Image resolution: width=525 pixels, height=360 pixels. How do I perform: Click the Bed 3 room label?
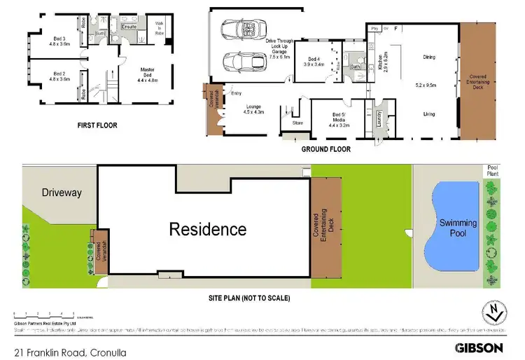[58, 40]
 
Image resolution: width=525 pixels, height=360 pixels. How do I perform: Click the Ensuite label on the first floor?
[129, 27]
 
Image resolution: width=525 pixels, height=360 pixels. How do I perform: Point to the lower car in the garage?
[239, 61]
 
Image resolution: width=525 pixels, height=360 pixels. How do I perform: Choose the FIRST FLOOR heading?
[97, 126]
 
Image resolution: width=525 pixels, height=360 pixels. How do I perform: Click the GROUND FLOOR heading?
[325, 149]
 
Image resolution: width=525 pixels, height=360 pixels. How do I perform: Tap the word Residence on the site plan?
[207, 229]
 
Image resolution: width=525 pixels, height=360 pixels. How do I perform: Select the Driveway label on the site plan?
[61, 192]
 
